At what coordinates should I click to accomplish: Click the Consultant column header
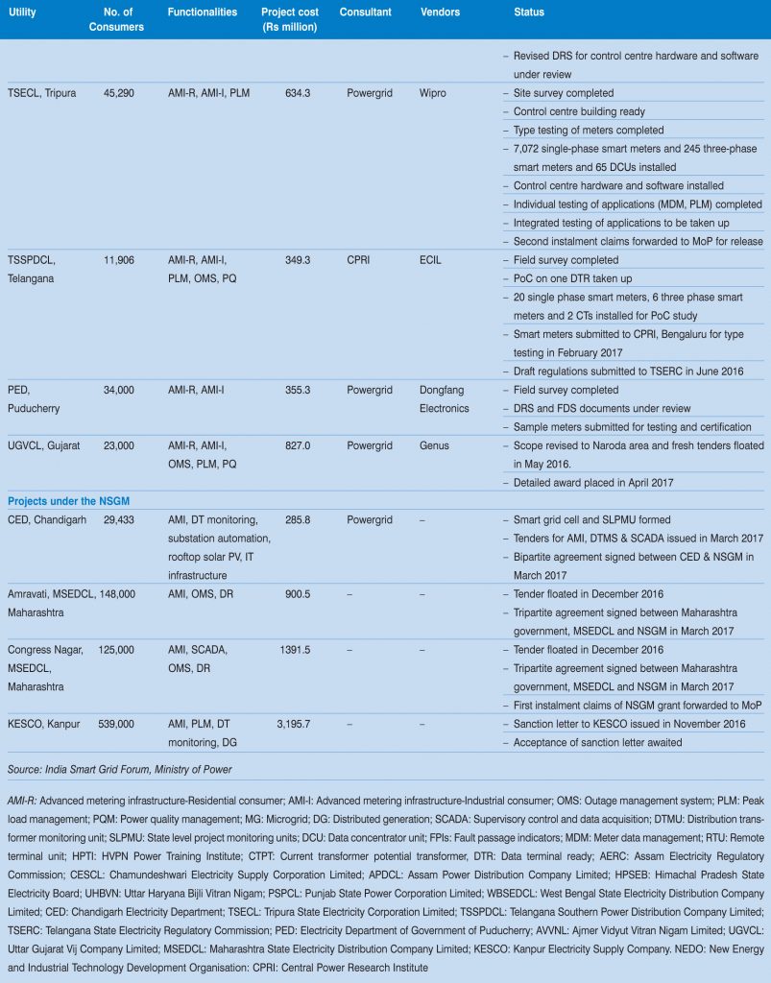pos(365,12)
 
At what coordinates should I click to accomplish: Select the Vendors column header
pos(440,12)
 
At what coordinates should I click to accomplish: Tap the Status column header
pos(528,12)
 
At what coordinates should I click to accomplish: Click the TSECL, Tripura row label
pos(41,94)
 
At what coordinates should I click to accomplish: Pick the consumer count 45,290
pos(122,94)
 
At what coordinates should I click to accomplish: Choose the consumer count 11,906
pos(122,260)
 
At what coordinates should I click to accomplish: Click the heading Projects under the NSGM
pos(68,501)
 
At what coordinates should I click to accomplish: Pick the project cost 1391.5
pos(296,650)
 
